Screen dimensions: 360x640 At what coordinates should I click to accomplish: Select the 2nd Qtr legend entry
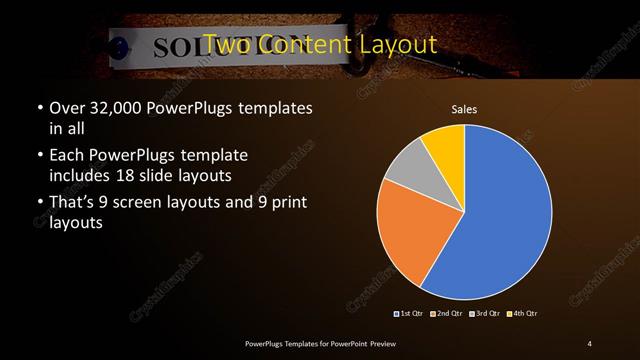pos(447,314)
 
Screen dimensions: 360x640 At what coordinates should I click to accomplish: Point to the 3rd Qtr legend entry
pos(486,314)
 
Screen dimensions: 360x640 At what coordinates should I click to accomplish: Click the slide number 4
pos(590,343)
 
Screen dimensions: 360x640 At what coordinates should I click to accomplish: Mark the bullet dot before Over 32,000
pos(39,107)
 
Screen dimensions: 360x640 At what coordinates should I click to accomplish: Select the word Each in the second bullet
pos(67,155)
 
